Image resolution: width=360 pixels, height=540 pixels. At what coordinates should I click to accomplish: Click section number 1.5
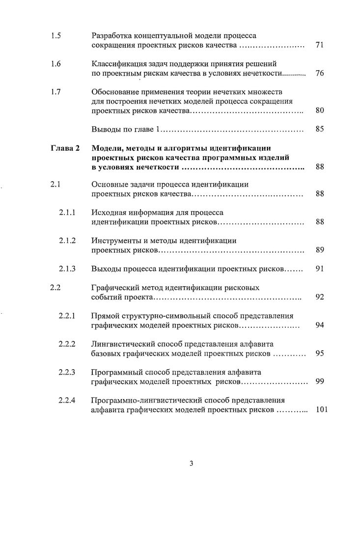[55, 36]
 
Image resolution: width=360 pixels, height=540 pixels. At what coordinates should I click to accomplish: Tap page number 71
[319, 46]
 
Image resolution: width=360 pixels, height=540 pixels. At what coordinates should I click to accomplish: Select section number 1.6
[55, 64]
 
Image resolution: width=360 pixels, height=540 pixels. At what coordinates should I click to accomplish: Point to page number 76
[319, 73]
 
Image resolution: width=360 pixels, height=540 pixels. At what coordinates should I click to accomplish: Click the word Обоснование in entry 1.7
[114, 92]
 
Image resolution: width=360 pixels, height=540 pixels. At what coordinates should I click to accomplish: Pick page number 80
[319, 110]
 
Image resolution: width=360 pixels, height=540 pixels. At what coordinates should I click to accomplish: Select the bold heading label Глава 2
[65, 148]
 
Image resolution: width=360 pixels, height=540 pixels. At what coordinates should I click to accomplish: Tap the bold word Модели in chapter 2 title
[107, 148]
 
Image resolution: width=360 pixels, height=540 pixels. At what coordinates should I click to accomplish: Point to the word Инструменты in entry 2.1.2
[115, 241]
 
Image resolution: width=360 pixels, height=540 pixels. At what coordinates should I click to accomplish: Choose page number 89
[319, 250]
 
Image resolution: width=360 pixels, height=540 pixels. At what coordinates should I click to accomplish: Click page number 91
[319, 269]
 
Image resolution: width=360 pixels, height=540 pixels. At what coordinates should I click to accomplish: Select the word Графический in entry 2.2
[115, 288]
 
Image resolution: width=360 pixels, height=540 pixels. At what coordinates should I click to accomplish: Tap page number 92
[319, 297]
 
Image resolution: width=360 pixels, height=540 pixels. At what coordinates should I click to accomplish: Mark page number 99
[319, 381]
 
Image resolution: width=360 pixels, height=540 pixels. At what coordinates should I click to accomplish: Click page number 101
[321, 409]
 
